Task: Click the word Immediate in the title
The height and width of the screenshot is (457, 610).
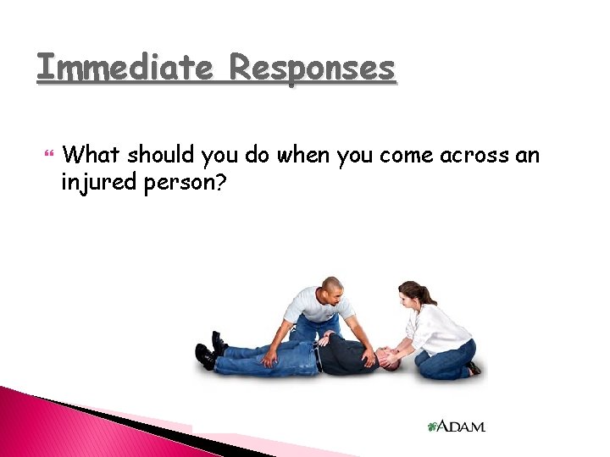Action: (125, 68)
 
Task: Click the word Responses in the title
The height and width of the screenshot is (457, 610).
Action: (313, 68)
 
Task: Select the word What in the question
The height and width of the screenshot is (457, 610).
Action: (92, 155)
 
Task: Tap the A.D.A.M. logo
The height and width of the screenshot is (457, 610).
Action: (457, 427)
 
